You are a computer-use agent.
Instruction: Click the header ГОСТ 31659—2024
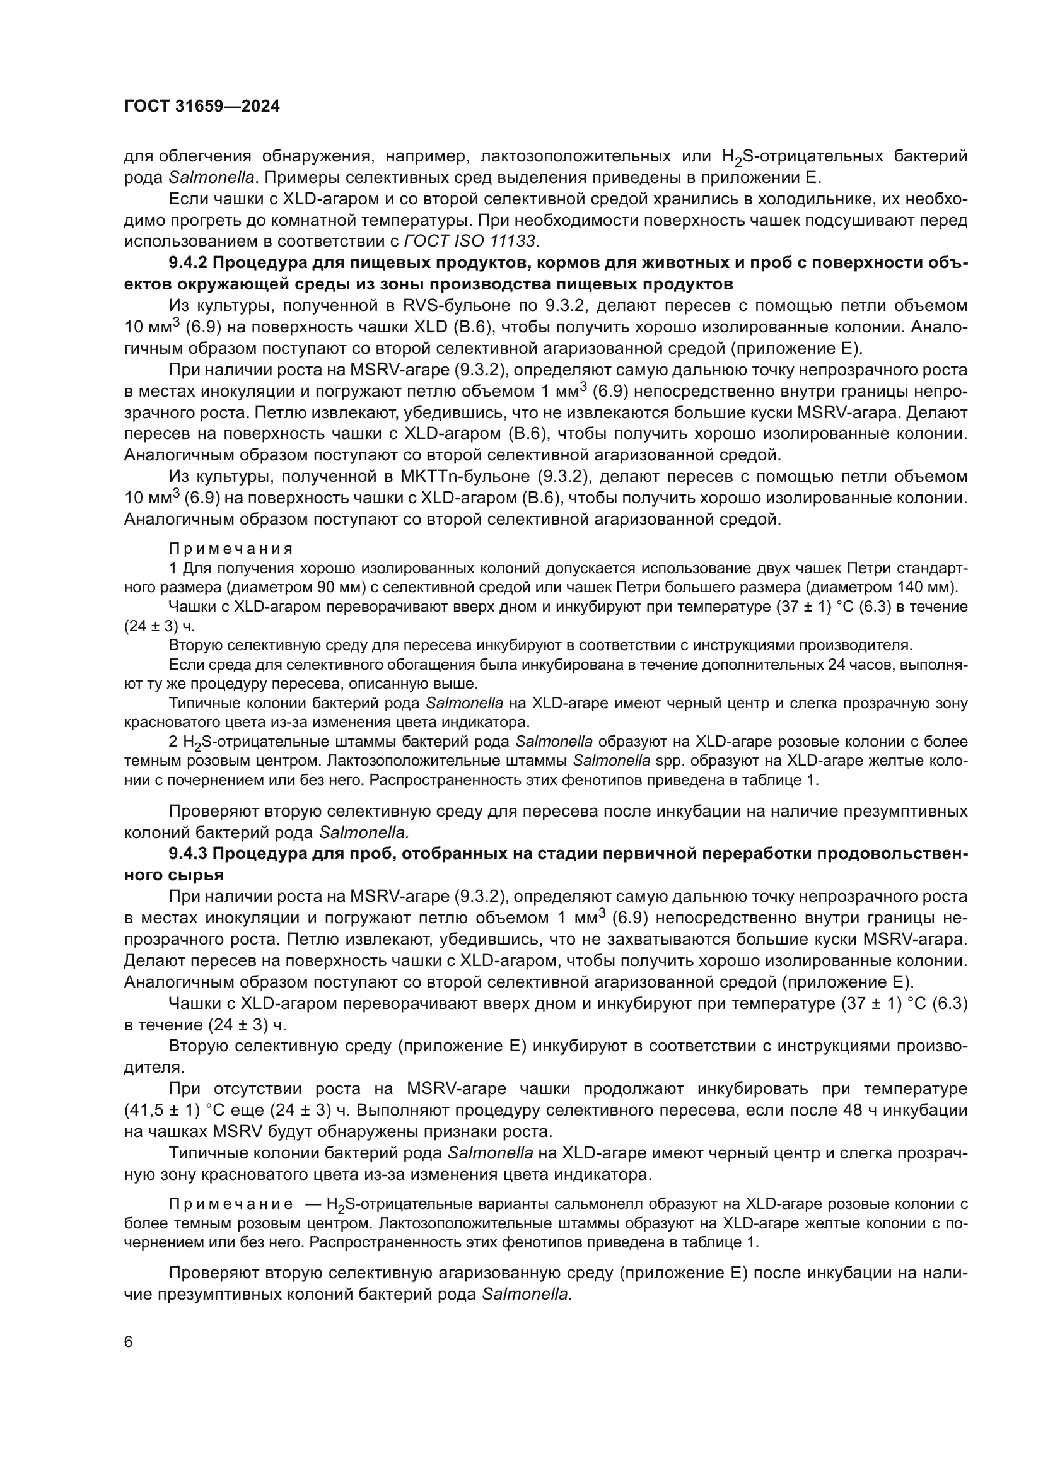(202, 107)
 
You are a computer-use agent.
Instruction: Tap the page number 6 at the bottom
(129, 1342)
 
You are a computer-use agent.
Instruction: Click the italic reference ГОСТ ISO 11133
(471, 242)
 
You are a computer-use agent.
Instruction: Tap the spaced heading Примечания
(231, 549)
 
